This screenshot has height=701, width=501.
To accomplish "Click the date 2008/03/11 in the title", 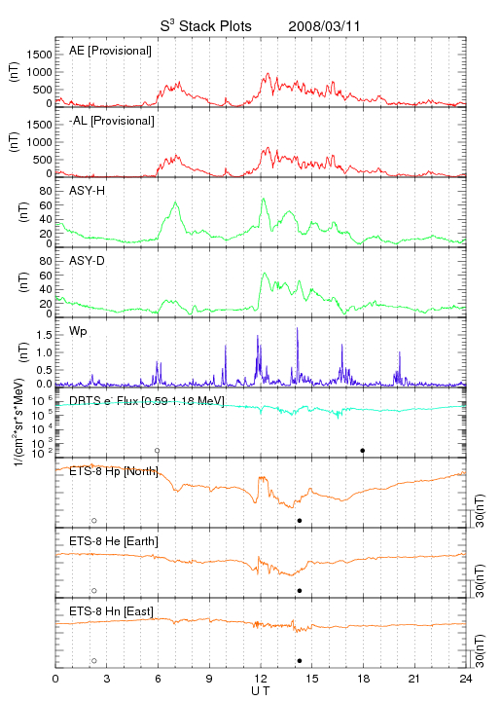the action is (324, 26).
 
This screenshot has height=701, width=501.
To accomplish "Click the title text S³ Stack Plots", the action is (206, 26).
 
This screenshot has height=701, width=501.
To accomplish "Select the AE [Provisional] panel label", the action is (110, 51).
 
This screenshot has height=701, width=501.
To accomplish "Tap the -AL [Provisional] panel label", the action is (112, 121).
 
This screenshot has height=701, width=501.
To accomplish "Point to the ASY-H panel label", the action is (88, 191).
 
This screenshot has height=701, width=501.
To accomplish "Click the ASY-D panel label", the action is (88, 261).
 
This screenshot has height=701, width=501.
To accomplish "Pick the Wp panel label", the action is (78, 331).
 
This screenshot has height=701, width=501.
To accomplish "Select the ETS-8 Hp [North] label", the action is (114, 471).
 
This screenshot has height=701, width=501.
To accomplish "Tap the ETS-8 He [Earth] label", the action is (114, 541).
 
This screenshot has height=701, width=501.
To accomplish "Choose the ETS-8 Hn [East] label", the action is (111, 611).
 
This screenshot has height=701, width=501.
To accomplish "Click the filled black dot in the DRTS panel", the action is (363, 451).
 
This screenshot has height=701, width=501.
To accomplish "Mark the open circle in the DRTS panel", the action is (158, 451).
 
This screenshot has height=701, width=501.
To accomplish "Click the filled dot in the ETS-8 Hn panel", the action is (300, 661).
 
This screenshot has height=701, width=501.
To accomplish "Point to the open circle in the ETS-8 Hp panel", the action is (94, 521).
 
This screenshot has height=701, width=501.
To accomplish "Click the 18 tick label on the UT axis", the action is (364, 679).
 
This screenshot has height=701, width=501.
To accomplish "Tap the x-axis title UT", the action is (261, 691).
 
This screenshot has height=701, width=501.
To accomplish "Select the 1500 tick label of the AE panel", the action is (39, 55).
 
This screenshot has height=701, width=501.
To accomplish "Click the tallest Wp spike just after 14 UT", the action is (298, 329).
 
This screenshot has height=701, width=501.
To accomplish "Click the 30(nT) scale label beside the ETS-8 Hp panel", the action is (480, 510).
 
